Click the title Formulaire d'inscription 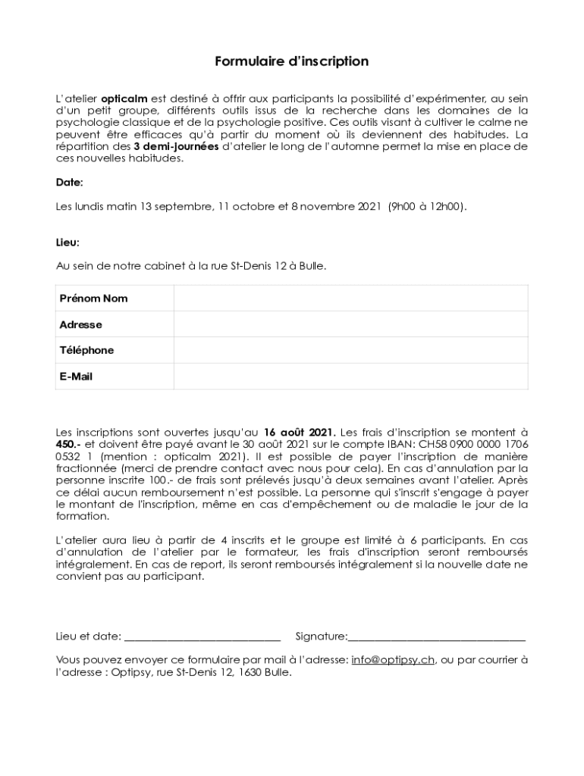[291, 61]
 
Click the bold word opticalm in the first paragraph [125, 98]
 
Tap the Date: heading [69, 183]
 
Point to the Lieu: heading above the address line [68, 242]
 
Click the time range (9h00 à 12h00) [427, 206]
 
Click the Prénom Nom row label [93, 299]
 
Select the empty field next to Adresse [350, 324]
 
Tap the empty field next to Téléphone [350, 350]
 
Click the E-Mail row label [76, 376]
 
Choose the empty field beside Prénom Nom [350, 299]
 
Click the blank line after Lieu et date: [202, 636]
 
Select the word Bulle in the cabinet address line [312, 267]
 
